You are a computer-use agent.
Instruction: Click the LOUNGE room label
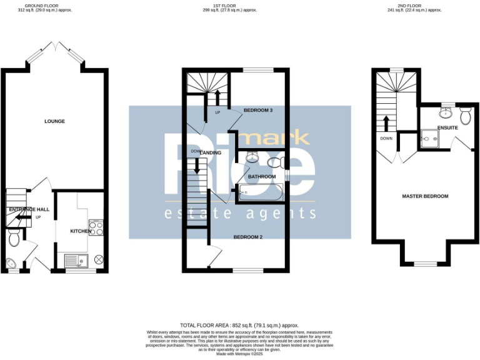55,121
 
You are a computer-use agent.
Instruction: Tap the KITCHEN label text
80,231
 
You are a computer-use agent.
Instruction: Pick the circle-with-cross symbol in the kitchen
98,259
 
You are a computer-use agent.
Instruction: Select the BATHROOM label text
262,177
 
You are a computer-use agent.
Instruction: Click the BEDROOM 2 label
247,237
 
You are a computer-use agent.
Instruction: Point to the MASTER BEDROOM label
425,196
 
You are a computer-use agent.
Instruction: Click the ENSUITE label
447,127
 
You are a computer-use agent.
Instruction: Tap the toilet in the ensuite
465,116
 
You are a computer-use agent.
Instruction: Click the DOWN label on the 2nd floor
386,138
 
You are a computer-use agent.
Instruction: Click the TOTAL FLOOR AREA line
239,326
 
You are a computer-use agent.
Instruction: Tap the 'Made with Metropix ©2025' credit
239,354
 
